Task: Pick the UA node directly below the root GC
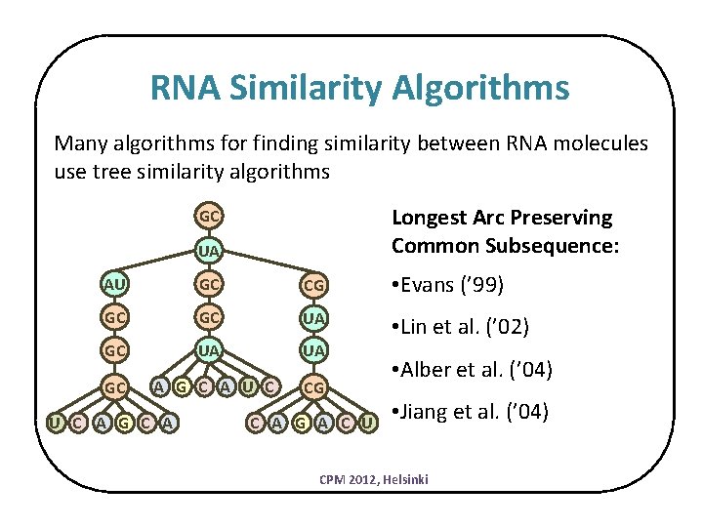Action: coord(209,252)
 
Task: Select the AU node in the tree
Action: coord(116,285)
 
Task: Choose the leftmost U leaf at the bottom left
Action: coord(58,422)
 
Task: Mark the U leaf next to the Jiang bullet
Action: coord(368,422)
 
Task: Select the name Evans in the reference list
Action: coord(436,285)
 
